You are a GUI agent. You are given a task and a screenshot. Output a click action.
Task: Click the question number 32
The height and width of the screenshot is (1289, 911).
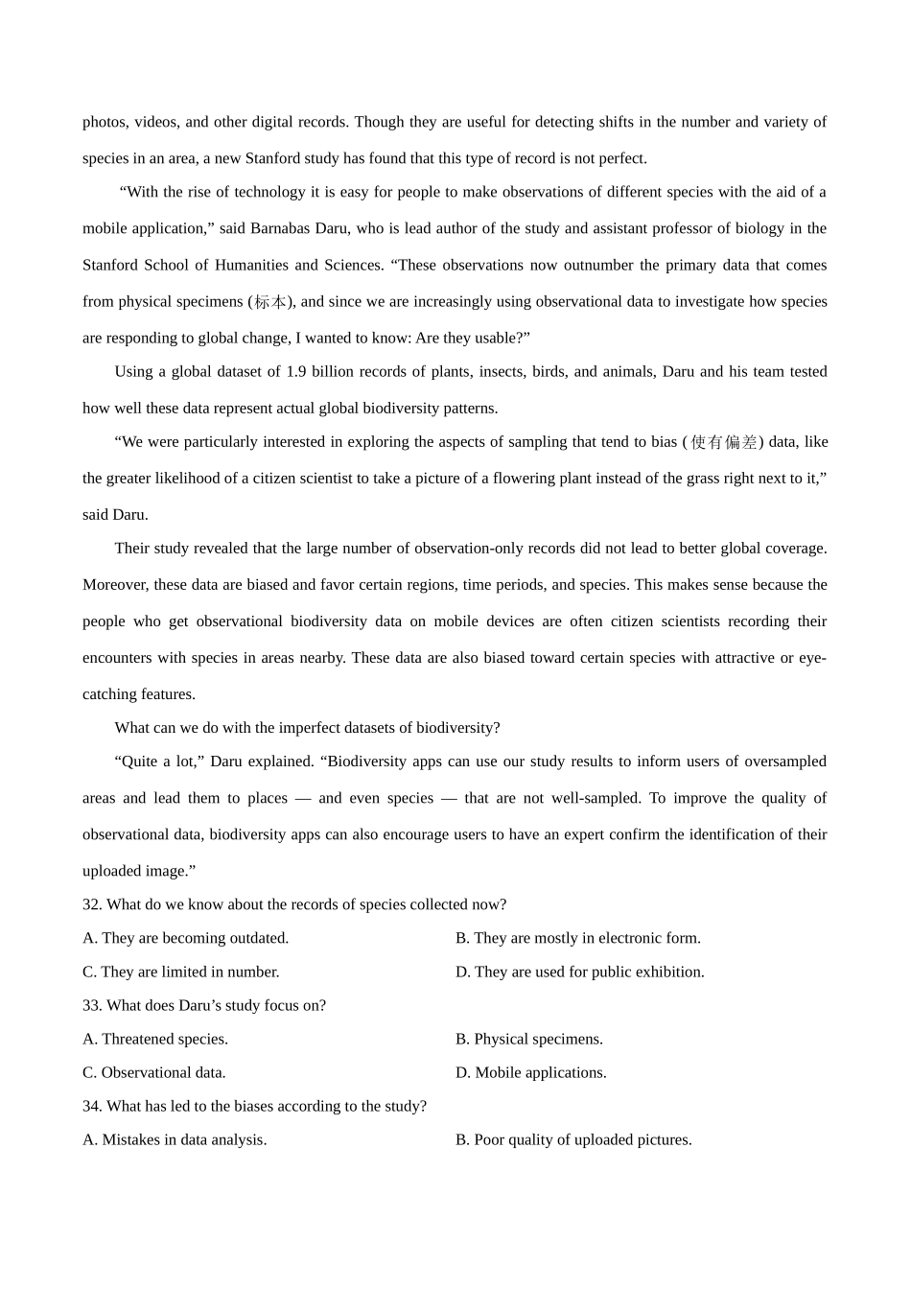pos(92,904)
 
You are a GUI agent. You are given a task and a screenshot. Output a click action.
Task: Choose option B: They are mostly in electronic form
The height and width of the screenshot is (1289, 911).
pos(577,938)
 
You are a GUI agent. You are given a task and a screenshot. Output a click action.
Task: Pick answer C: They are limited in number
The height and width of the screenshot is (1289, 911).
pos(181,972)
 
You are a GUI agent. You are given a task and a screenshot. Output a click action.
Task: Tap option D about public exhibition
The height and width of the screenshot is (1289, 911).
pos(579,972)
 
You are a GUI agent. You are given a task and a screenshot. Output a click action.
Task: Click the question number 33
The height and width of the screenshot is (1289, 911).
pos(92,1005)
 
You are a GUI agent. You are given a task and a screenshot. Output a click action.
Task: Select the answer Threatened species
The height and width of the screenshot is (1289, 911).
pos(155,1039)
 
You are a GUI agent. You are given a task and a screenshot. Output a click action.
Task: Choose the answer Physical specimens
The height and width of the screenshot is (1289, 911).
pos(528,1039)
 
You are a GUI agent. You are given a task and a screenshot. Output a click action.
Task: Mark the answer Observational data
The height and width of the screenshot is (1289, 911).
pos(154,1072)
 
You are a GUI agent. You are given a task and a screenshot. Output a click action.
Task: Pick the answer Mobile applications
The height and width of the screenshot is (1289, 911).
pos(530,1072)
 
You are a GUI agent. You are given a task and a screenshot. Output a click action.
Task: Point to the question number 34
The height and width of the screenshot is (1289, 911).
pos(92,1106)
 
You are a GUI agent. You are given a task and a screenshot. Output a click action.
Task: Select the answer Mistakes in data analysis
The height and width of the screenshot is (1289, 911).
pos(175,1139)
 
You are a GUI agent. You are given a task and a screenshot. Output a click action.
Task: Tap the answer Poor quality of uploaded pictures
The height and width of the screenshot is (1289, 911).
pos(573,1139)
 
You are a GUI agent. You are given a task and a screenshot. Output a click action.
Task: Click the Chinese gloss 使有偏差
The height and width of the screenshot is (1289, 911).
pos(724,442)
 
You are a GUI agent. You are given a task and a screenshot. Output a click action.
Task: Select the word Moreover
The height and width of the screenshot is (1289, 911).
pos(114,585)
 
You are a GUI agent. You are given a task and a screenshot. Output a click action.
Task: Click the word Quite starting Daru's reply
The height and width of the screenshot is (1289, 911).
pos(144,762)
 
